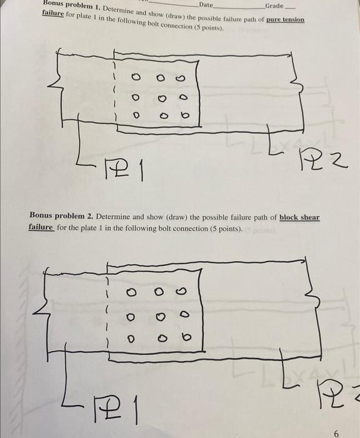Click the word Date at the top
(x=205, y=5)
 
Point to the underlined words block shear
(x=299, y=217)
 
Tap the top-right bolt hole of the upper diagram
(x=182, y=79)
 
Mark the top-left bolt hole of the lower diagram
(x=132, y=292)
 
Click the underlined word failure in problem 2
(x=41, y=228)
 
